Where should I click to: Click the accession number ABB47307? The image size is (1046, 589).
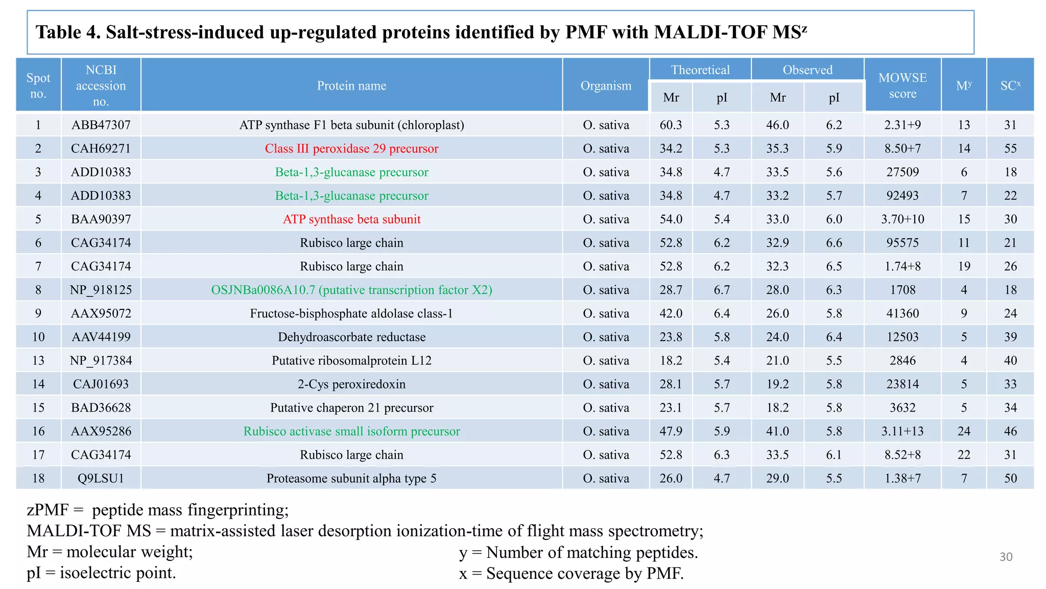101,125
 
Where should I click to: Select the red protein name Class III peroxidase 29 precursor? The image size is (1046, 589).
351,148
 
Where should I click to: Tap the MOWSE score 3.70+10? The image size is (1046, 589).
902,219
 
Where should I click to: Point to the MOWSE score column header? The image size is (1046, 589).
902,85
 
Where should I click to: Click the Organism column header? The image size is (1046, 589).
606,85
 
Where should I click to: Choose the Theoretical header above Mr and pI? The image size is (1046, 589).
700,70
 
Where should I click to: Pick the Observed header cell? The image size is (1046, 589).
807,70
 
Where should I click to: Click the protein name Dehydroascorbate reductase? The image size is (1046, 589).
351,337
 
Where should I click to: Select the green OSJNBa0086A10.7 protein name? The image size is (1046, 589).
351,290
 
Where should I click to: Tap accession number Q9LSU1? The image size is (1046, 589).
101,478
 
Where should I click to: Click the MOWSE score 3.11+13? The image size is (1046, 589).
902,431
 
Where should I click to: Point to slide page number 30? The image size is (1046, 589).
1006,557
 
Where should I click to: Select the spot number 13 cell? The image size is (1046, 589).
38,360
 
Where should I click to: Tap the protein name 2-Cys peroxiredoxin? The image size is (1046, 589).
351,384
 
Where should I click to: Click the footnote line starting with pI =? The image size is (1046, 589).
101,573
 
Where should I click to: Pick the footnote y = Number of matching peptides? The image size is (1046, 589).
578,552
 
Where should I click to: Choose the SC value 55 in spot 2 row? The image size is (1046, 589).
1010,148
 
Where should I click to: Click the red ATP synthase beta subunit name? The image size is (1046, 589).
351,219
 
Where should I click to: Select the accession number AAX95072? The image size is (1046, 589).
101,313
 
